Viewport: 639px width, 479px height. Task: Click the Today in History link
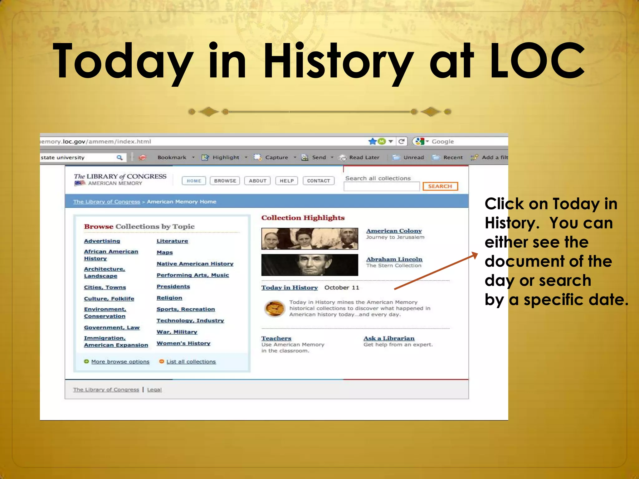point(289,288)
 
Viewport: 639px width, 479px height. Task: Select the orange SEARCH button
point(440,186)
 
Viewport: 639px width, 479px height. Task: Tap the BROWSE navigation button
point(225,181)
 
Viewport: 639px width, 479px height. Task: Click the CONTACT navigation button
point(318,181)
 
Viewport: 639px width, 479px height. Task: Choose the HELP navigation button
point(286,181)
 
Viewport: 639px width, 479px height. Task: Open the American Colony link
point(394,231)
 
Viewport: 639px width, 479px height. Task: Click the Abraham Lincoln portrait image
point(310,265)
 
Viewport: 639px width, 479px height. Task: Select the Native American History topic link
point(195,264)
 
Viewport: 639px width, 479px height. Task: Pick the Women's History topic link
point(183,343)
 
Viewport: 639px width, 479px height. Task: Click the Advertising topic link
point(102,241)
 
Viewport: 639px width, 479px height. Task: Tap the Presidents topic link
point(173,287)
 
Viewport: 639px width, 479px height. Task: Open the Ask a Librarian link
point(389,338)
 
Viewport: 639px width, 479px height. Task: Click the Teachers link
point(276,338)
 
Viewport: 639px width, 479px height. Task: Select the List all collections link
point(191,362)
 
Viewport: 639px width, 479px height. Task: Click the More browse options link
point(120,362)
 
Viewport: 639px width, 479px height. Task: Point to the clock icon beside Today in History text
point(274,308)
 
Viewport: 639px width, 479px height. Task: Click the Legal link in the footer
point(154,390)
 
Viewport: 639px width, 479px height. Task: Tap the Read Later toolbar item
point(364,157)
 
